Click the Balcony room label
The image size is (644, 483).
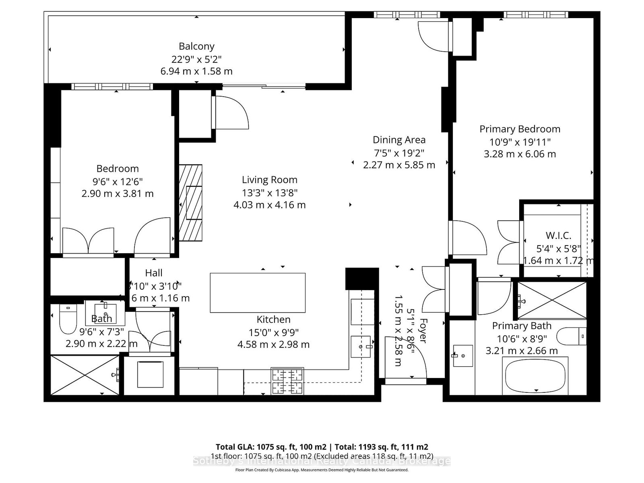coord(196,46)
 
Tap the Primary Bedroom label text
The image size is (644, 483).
coord(520,129)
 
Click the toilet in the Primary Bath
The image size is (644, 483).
coord(572,336)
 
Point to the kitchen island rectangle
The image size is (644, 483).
coord(258,293)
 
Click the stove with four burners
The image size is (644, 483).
coord(287,381)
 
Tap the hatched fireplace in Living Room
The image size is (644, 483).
coord(191,203)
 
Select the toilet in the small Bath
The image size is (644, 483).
coord(68,318)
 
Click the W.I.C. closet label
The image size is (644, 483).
coord(558,236)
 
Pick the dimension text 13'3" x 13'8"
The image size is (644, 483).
coord(269,193)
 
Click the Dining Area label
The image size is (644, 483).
coord(399,140)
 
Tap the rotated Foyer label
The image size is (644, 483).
coord(422,330)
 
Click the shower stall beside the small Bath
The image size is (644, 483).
coord(85,375)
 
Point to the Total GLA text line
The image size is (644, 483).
coord(322,447)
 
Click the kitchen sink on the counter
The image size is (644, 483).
coord(361,347)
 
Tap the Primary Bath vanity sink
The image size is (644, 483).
coord(463,355)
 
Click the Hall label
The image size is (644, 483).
coord(153,273)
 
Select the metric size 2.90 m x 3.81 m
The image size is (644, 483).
coord(118,194)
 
